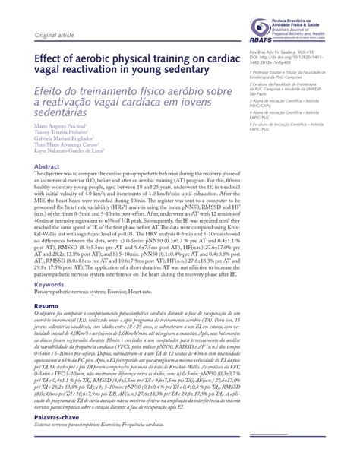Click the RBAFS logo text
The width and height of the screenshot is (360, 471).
coord(261,40)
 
